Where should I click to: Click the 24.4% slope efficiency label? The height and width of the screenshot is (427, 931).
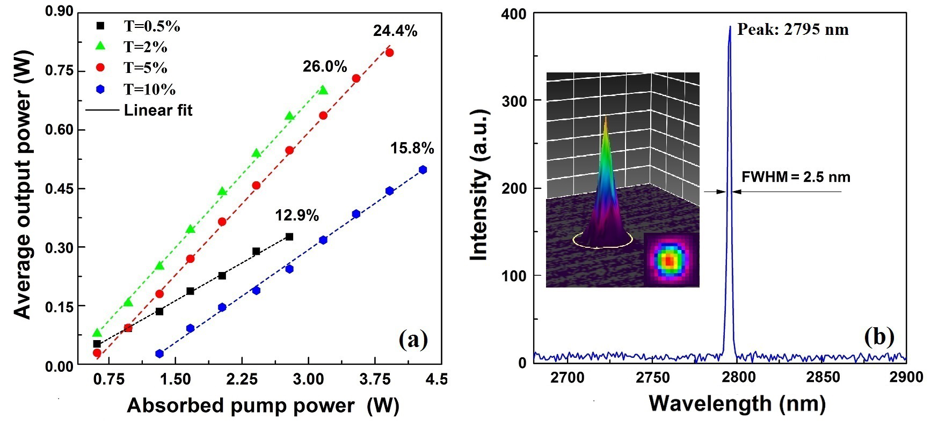(395, 31)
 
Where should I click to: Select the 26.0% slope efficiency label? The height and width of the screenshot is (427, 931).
(325, 67)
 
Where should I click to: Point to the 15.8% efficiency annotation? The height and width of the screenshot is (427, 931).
(412, 148)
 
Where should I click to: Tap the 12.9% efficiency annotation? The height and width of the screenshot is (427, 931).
(297, 216)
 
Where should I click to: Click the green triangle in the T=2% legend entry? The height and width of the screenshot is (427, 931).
(100, 46)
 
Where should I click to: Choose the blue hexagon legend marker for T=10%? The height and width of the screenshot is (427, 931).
(100, 89)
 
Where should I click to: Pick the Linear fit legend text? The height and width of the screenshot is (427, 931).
(158, 110)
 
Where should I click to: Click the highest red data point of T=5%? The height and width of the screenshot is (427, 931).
(389, 53)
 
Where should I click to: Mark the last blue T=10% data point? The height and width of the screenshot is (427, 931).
(423, 170)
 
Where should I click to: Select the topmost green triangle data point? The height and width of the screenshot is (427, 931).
(323, 90)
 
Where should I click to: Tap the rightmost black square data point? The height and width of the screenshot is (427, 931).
(289, 237)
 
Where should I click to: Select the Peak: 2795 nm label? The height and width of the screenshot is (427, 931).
(793, 30)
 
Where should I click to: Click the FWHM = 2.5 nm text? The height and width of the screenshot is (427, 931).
(796, 177)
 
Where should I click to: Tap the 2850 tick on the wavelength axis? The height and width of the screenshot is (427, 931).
(823, 377)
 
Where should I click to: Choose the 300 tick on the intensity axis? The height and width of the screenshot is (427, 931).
(514, 101)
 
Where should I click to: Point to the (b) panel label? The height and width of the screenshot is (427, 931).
(879, 337)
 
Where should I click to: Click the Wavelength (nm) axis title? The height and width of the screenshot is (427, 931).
(737, 403)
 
